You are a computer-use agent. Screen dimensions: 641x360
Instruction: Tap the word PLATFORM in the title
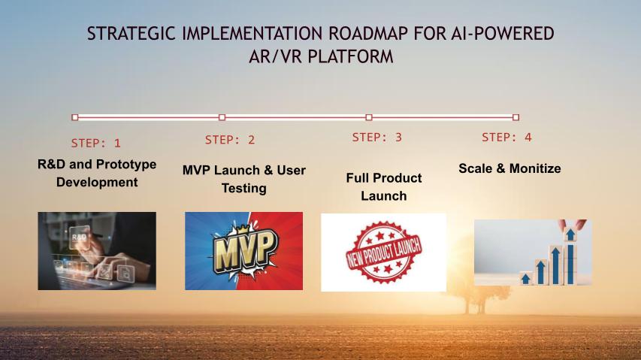350,56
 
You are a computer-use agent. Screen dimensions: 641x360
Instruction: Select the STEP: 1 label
96,143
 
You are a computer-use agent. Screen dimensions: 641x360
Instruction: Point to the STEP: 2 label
230,140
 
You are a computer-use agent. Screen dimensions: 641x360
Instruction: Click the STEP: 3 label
377,138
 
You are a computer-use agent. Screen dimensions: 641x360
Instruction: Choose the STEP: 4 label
506,138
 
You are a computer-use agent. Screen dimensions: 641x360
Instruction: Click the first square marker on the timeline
75,117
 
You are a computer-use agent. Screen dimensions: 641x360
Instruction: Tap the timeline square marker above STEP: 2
222,117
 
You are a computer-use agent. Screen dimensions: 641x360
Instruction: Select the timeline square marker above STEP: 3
369,117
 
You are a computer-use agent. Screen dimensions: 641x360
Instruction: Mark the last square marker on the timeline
516,117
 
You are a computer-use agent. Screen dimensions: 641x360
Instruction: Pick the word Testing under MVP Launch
244,189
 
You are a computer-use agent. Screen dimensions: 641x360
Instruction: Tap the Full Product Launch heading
384,186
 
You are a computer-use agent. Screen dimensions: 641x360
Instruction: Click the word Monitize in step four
535,168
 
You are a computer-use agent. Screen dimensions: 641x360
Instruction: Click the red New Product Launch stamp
383,252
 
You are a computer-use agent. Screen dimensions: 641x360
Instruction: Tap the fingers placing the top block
573,224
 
